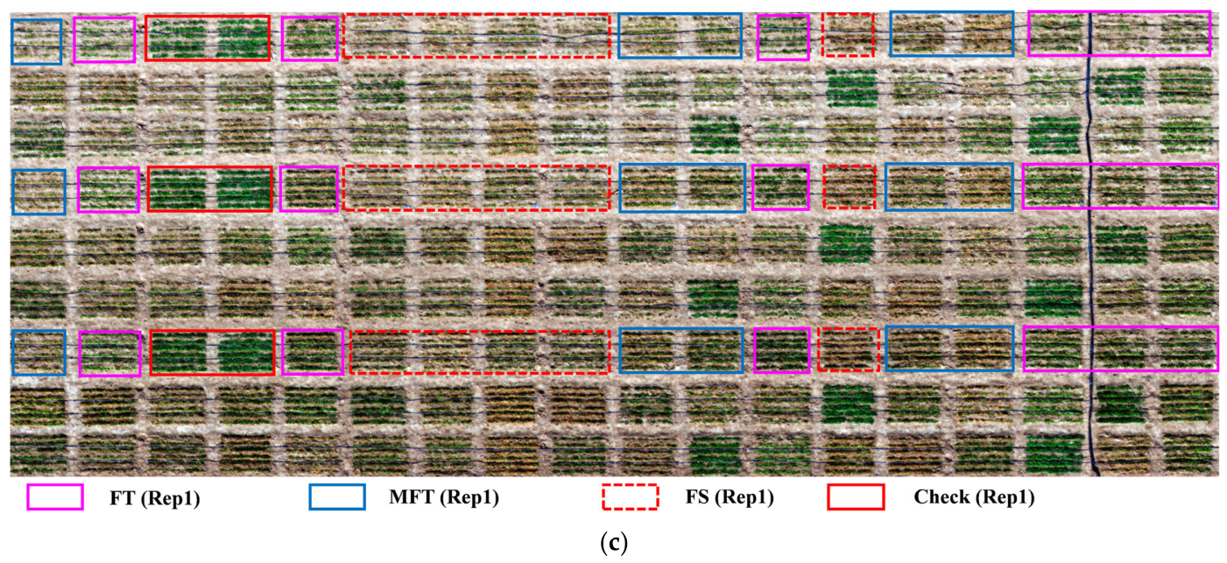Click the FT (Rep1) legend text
point(154,498)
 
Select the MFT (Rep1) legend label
point(444,497)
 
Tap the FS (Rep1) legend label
point(729,497)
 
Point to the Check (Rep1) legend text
point(974,497)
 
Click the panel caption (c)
point(613,543)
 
